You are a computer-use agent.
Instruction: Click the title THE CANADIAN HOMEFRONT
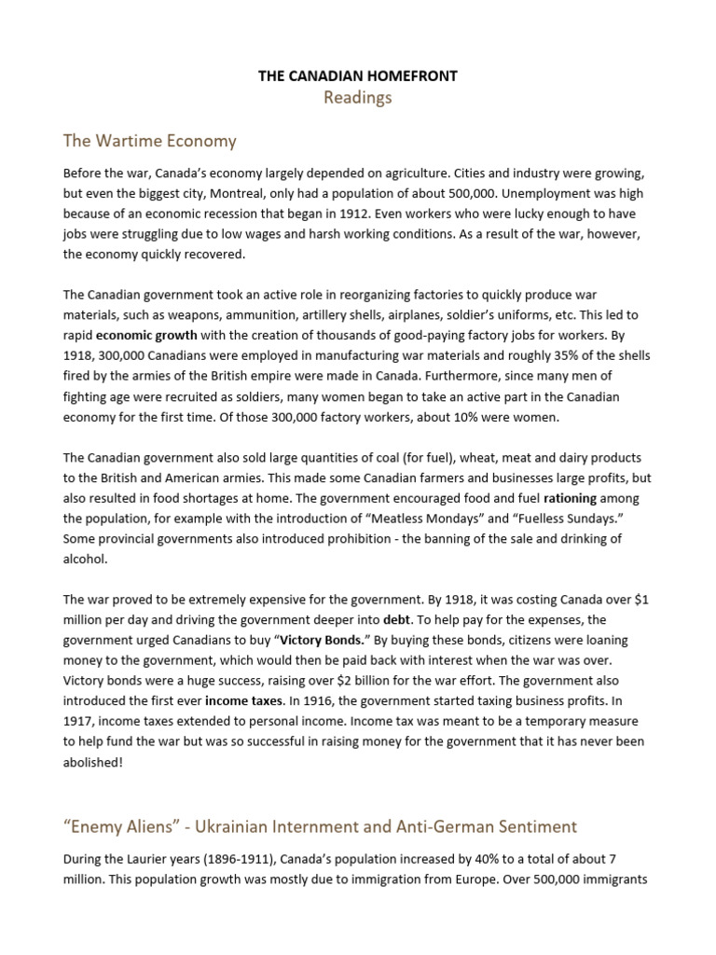[358, 76]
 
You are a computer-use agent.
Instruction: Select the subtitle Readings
[358, 98]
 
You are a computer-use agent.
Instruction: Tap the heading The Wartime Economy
[149, 142]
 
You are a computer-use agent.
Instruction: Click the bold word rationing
[571, 498]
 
